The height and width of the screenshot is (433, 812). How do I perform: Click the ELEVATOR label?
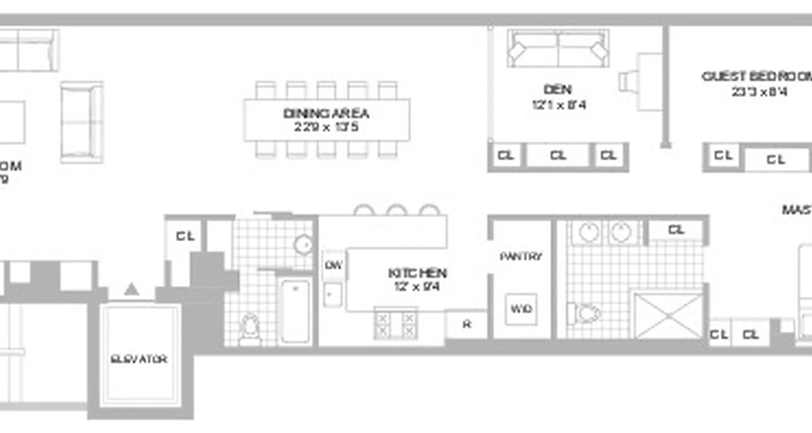(139, 359)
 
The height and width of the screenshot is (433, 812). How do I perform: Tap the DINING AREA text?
(326, 114)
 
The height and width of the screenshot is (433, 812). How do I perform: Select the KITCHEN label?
(417, 273)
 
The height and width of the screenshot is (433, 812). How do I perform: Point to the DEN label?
(558, 89)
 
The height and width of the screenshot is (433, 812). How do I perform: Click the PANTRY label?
(521, 257)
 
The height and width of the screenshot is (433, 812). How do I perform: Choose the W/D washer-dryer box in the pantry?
(521, 309)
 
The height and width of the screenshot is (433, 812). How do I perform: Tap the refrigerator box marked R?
(466, 325)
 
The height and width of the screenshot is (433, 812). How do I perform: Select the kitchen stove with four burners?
(395, 324)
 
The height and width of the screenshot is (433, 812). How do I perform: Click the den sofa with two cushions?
(558, 49)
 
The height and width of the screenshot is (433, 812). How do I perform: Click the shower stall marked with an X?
(669, 316)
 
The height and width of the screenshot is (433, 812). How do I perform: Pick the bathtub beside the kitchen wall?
(296, 311)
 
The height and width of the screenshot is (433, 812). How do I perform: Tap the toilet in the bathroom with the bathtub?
(250, 327)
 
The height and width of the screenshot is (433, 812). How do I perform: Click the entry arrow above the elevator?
(132, 290)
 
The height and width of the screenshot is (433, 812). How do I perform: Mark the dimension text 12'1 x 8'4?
(558, 104)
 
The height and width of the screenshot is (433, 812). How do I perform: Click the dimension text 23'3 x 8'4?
(759, 92)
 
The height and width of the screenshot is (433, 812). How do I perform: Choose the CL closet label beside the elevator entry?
(185, 237)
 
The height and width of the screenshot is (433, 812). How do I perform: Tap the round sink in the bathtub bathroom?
(304, 245)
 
